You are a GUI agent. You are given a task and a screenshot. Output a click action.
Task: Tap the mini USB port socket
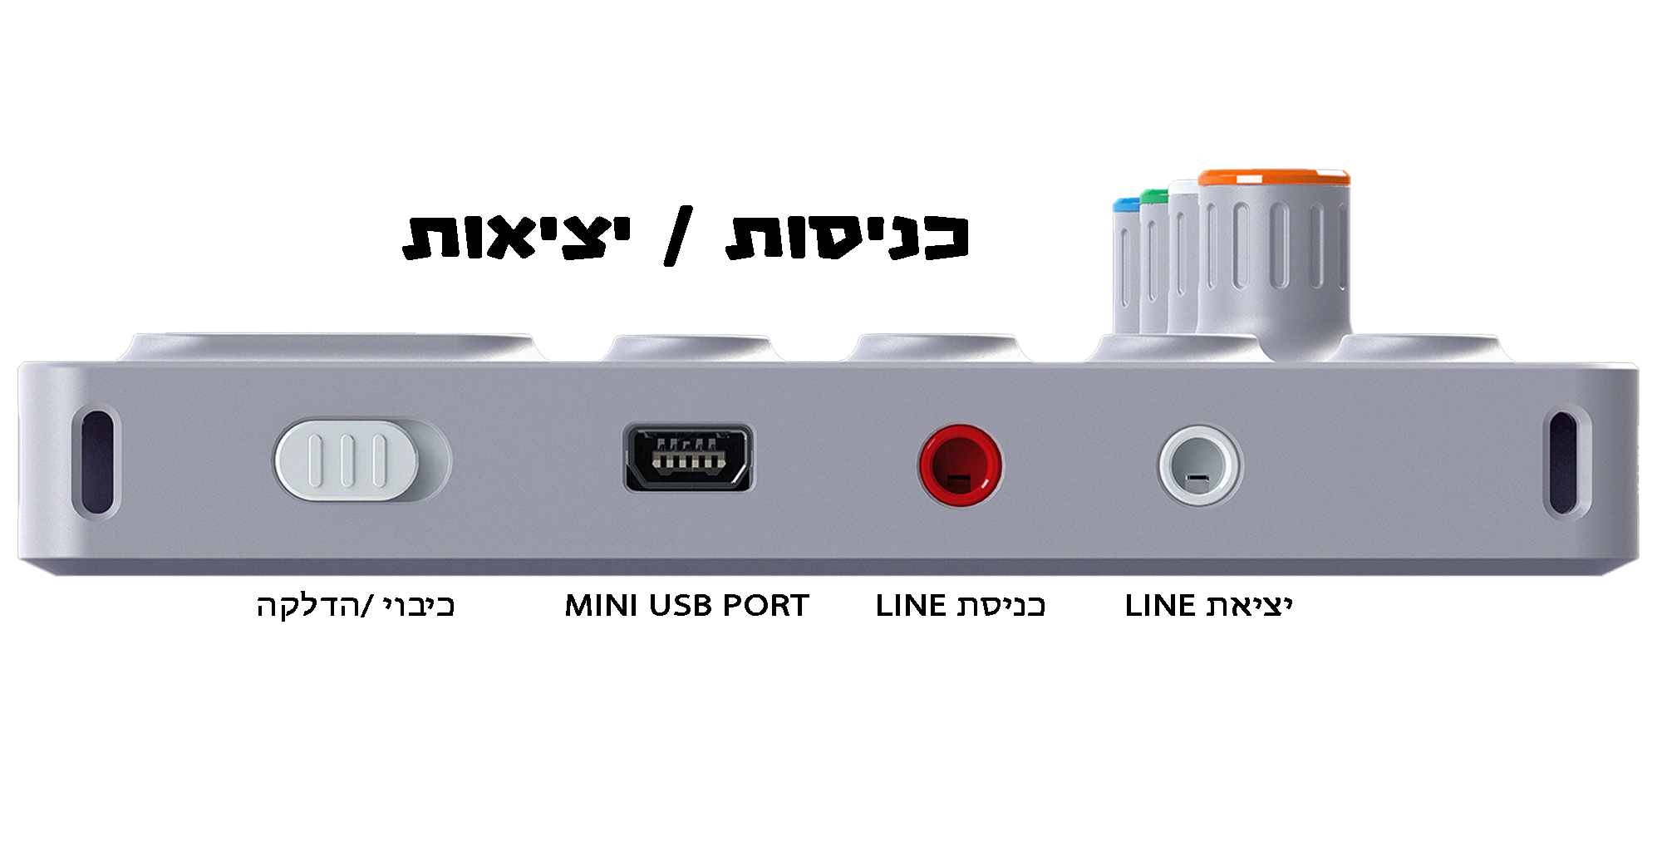[689, 459]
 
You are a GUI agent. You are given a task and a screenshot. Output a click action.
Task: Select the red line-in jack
[960, 465]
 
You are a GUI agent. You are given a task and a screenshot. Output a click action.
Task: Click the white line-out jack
[1199, 465]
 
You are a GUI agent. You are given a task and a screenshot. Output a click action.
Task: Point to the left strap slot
[96, 461]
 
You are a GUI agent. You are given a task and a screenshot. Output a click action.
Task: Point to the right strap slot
[1562, 462]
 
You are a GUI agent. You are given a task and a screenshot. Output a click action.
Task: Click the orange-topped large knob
[1273, 249]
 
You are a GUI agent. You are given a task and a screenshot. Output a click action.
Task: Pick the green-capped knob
[1153, 258]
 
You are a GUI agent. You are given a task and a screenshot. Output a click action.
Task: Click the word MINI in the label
[602, 606]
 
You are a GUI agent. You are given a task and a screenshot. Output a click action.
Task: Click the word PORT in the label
[765, 606]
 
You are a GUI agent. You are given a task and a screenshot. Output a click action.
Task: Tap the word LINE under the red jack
[911, 606]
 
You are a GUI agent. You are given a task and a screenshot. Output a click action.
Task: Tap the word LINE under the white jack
[1160, 606]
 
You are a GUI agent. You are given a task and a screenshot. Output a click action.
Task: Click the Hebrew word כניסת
[1001, 606]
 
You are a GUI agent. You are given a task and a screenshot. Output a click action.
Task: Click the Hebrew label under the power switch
[356, 606]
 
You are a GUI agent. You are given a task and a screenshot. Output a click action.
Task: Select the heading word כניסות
[848, 237]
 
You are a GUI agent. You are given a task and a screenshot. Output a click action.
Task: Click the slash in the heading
[677, 237]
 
